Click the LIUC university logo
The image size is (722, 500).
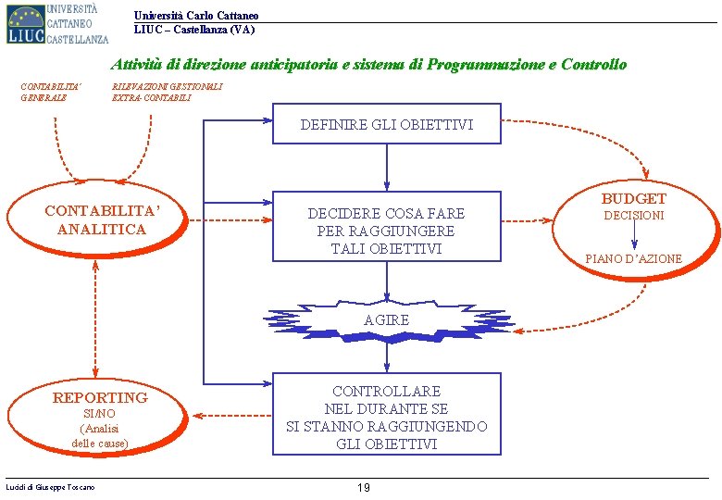coord(56,23)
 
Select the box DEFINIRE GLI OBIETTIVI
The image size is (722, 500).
coord(386,124)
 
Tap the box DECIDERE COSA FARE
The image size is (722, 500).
coord(386,231)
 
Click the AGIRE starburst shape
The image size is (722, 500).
coord(386,319)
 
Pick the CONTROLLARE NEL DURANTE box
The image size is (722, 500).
coord(386,418)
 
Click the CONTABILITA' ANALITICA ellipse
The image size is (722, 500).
coord(102,221)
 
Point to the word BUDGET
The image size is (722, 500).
coord(633,198)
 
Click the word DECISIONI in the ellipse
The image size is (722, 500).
coord(633,216)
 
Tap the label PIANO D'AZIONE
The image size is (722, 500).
coord(633,259)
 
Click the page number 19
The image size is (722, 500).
coord(364,488)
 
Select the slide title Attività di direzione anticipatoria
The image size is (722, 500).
coord(368,65)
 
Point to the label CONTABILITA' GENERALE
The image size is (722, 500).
coord(50,92)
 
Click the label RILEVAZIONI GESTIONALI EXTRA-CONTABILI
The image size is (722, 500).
coord(167,92)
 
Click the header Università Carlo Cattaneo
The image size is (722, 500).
coord(196,16)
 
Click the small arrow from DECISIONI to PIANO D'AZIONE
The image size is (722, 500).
coord(633,236)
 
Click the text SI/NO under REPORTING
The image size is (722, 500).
coord(99,414)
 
